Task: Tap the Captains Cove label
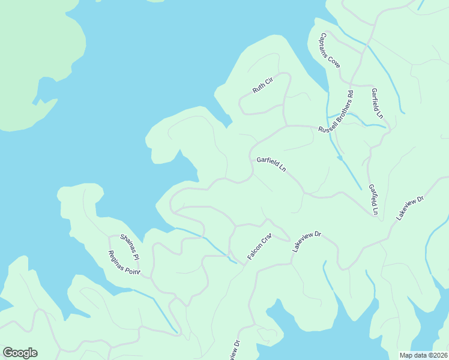330,50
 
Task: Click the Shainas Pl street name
130,247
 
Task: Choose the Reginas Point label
124,263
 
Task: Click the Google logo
20,353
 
